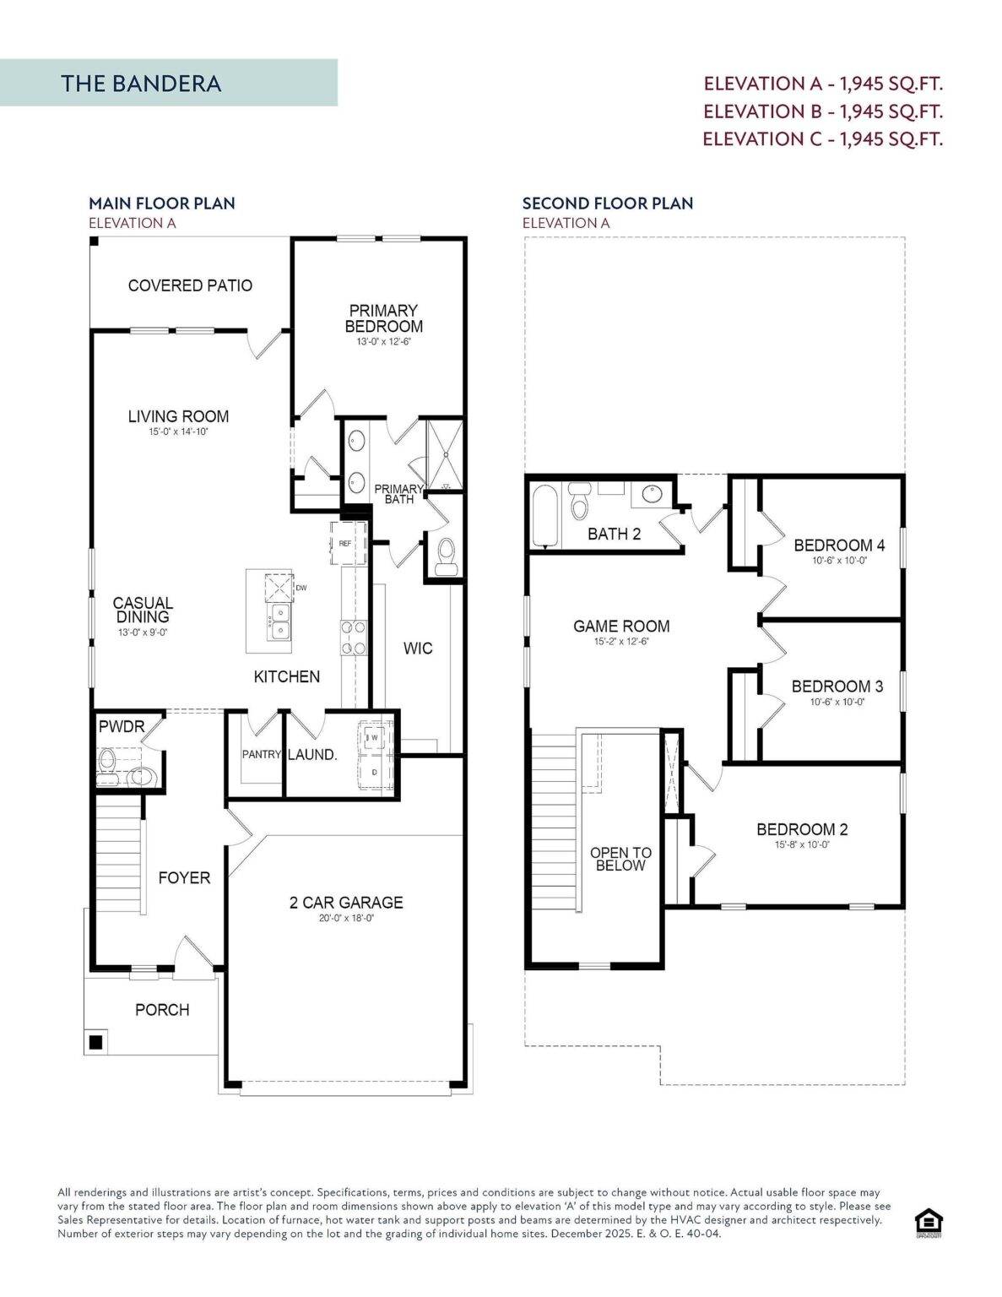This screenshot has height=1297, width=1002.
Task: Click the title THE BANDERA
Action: click(141, 84)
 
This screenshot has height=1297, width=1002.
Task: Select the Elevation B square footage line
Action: click(823, 111)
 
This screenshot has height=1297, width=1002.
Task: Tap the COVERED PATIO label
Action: click(190, 285)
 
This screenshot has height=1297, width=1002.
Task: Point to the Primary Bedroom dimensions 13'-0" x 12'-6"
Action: click(384, 342)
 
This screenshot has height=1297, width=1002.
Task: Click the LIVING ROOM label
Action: click(178, 416)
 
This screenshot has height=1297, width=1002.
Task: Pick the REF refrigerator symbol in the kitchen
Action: click(349, 542)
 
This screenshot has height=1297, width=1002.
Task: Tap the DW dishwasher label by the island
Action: click(301, 588)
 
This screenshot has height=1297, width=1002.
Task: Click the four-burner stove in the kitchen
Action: click(355, 638)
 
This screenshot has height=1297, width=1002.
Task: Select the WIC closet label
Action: click(418, 648)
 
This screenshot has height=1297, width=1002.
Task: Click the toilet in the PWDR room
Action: click(107, 765)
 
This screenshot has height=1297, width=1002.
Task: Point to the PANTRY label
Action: click(261, 754)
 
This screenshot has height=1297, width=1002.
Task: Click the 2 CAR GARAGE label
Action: click(346, 903)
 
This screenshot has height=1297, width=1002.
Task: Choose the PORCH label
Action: click(162, 1010)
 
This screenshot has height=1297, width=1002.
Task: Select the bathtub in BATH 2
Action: click(545, 516)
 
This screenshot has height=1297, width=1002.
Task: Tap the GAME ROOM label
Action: click(621, 626)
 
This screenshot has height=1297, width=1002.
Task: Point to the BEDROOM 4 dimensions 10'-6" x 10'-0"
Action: click(839, 561)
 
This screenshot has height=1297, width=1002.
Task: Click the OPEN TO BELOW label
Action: click(621, 859)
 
